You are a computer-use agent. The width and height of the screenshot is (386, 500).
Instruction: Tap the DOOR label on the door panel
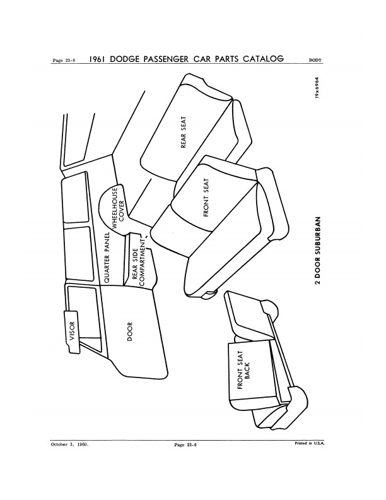point(130,331)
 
